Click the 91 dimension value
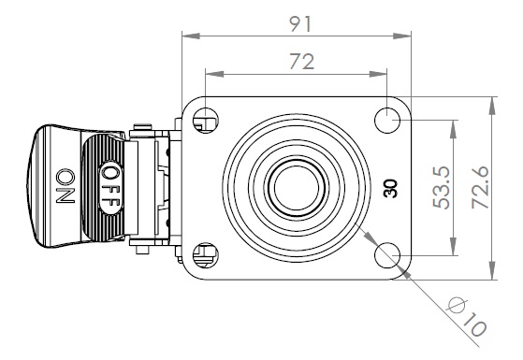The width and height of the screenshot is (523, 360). tap(300, 24)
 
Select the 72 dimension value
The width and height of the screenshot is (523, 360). tap(302, 62)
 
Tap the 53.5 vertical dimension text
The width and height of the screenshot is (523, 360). tap(442, 187)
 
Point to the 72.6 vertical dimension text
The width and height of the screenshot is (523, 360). tap(480, 187)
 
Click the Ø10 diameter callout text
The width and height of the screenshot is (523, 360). tap(467, 316)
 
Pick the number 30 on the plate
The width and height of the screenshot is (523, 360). tap(390, 188)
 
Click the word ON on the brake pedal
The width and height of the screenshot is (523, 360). tap(65, 186)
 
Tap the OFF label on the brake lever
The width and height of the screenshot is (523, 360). tap(110, 187)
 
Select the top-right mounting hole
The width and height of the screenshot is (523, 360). tap(387, 120)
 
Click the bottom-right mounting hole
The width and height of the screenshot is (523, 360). tap(387, 255)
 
